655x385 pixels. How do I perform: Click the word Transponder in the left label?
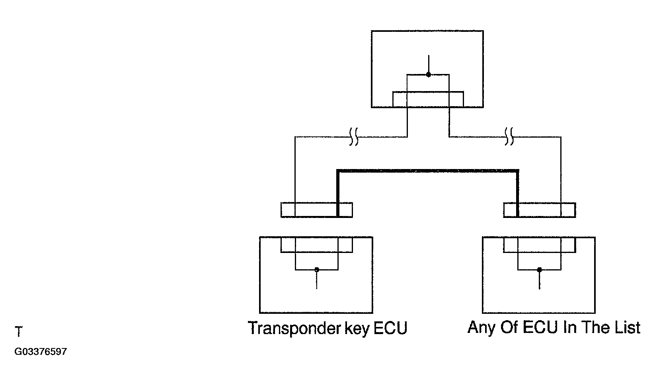pyautogui.click(x=294, y=328)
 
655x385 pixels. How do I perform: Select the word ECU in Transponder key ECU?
pyautogui.click(x=390, y=328)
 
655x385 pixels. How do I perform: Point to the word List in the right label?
pyautogui.click(x=627, y=327)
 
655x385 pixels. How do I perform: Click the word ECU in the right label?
pyautogui.click(x=540, y=327)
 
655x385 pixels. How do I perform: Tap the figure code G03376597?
pyautogui.click(x=41, y=351)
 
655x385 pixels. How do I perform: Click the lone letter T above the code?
pyautogui.click(x=18, y=331)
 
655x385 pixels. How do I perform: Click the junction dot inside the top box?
pyautogui.click(x=429, y=74)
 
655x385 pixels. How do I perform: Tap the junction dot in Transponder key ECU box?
pyautogui.click(x=317, y=270)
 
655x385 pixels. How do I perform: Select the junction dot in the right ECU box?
pyautogui.click(x=540, y=270)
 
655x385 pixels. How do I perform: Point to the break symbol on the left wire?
pyautogui.click(x=354, y=136)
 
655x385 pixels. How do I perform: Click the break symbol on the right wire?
pyautogui.click(x=509, y=136)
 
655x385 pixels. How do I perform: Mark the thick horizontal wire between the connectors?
pyautogui.click(x=428, y=171)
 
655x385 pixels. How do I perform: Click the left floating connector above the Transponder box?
pyautogui.click(x=317, y=210)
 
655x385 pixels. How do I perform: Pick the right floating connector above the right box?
pyautogui.click(x=540, y=210)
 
